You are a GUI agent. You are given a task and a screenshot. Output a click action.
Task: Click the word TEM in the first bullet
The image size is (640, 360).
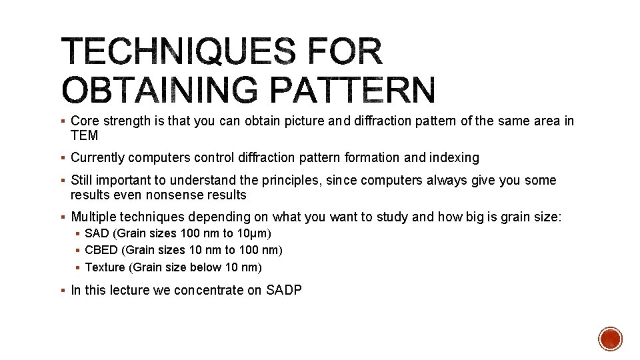85,136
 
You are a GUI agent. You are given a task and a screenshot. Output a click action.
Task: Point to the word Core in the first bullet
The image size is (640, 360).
83,121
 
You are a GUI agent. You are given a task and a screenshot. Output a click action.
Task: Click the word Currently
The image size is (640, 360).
97,158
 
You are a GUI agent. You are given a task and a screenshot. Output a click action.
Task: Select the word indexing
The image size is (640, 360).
454,158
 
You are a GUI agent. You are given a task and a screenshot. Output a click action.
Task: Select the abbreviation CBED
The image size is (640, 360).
101,250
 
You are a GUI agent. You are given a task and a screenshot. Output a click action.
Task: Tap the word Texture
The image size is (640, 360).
105,267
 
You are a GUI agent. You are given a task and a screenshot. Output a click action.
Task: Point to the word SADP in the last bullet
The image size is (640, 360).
283,290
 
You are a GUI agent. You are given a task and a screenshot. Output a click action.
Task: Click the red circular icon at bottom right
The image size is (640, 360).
610,339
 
